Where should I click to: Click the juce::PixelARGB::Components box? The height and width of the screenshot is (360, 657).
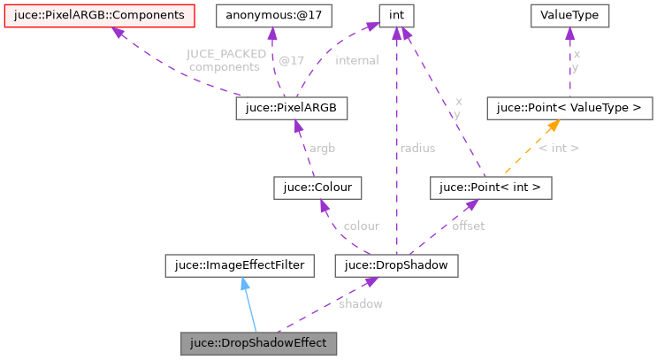[x=99, y=15]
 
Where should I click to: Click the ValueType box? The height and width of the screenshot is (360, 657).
[x=569, y=15]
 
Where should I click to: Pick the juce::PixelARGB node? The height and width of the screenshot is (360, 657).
[x=291, y=109]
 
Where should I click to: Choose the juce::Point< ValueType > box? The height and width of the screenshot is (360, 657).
[x=569, y=109]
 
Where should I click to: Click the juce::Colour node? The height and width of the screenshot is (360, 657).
[x=318, y=188]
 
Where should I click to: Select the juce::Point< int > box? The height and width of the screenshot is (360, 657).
[x=490, y=188]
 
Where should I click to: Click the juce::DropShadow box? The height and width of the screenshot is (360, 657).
[x=396, y=264]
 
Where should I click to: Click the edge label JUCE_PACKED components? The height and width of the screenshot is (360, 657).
[x=226, y=60]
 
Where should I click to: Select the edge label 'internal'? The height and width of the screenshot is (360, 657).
[x=356, y=60]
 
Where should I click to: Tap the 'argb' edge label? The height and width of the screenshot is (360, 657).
[x=322, y=148]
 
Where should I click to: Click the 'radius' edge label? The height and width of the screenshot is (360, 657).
[x=417, y=148]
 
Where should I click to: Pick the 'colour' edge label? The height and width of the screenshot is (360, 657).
[x=361, y=226]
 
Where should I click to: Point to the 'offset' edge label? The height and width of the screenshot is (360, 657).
[x=468, y=226]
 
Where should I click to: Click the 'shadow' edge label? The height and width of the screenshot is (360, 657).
[x=360, y=303]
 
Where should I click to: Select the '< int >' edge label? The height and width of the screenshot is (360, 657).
[x=559, y=148]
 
